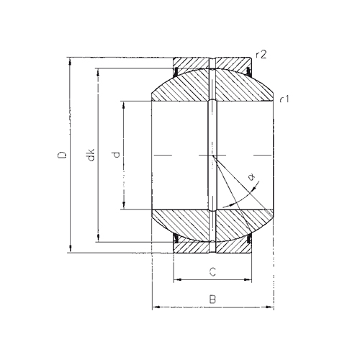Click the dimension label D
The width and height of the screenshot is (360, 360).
pyautogui.click(x=62, y=155)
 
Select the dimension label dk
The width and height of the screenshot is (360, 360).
pyautogui.click(x=91, y=155)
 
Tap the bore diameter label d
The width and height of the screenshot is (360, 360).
pyautogui.click(x=116, y=155)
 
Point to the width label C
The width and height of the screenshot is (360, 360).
pyautogui.click(x=212, y=272)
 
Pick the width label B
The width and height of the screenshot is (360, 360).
pyautogui.click(x=212, y=300)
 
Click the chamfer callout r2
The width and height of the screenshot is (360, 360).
pyautogui.click(x=261, y=55)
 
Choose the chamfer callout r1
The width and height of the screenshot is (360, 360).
pyautogui.click(x=285, y=99)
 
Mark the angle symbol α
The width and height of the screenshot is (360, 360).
pyautogui.click(x=251, y=177)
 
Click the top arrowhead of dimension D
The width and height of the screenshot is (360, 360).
pyautogui.click(x=70, y=61)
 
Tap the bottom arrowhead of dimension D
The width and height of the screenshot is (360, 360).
pyautogui.click(x=70, y=248)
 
